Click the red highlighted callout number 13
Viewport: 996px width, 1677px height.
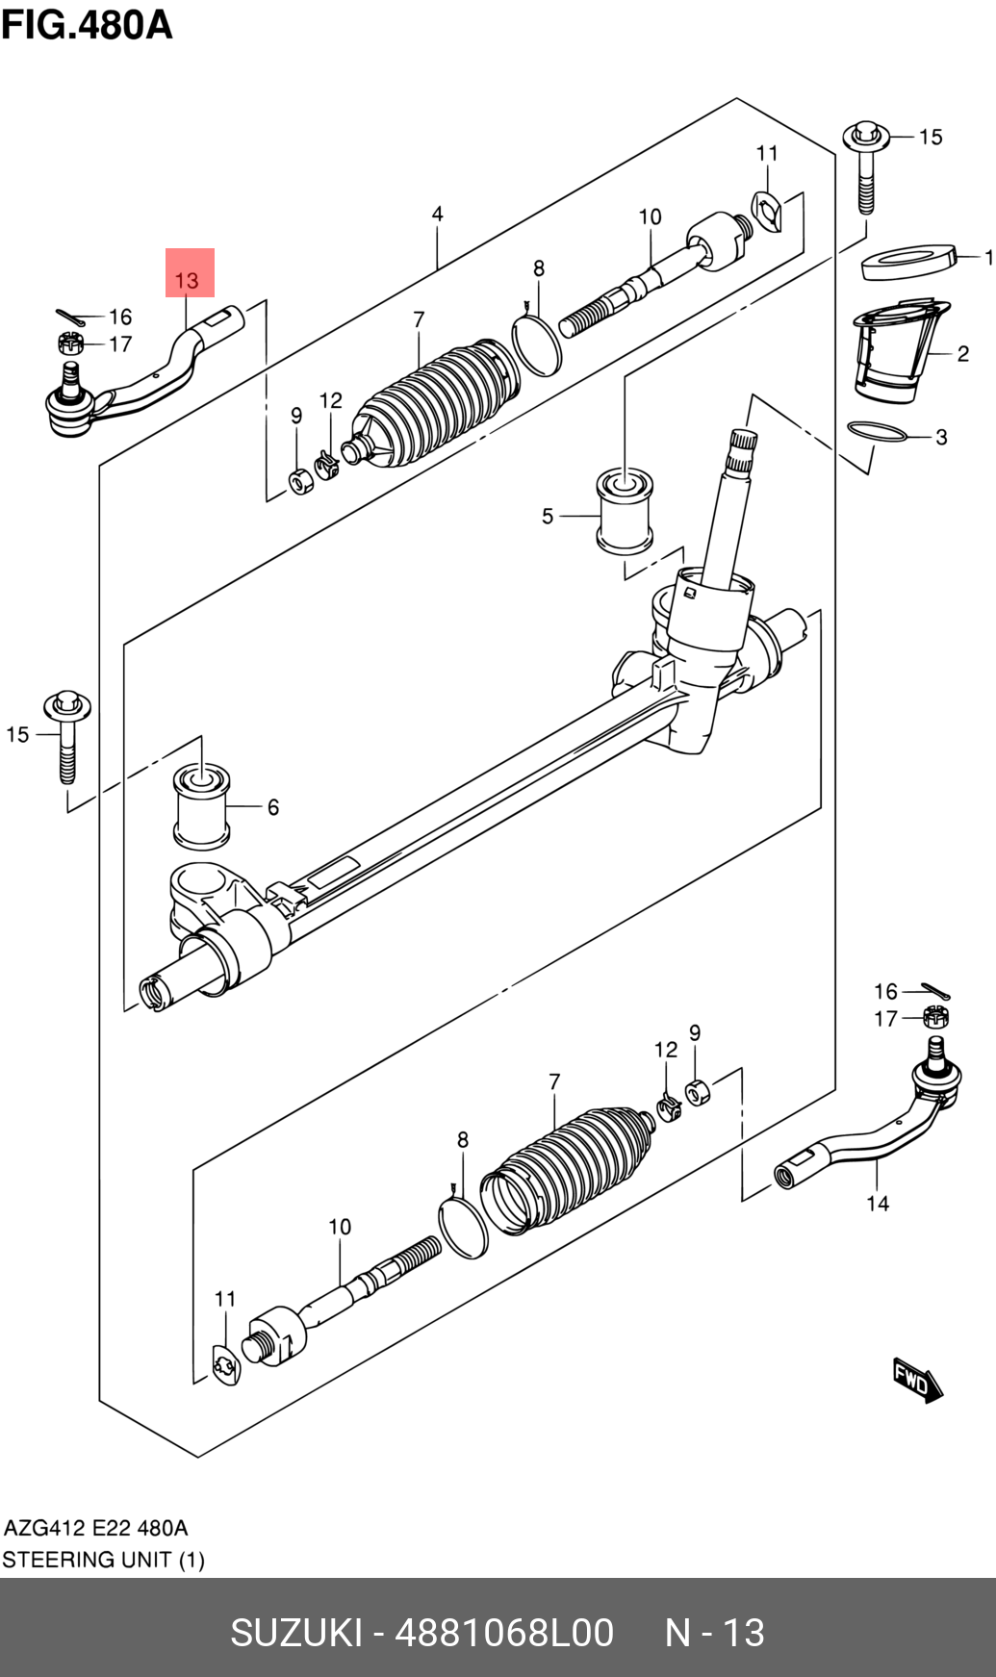pos(187,280)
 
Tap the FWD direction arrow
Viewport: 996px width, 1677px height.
pos(916,1381)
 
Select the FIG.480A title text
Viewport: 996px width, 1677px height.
pos(87,24)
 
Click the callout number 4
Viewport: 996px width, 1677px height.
pos(438,214)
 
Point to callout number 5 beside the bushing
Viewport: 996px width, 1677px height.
pos(548,517)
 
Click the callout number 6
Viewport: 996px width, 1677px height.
pos(273,807)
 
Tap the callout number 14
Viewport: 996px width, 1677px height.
pos(878,1203)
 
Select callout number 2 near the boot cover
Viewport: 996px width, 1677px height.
pos(962,354)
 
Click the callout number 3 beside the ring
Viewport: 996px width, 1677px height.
pos(941,437)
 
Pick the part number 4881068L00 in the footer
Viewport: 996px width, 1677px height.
pos(504,1633)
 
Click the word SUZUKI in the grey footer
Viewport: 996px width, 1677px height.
pos(296,1633)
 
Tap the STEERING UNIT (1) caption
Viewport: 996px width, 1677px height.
pos(103,1560)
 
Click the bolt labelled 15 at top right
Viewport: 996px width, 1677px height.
pos(866,167)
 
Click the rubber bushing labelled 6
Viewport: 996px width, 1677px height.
pos(202,806)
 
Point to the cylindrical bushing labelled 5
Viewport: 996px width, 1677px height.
pos(626,511)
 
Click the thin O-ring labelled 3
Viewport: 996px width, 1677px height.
pos(878,431)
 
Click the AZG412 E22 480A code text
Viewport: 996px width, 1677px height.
pos(95,1528)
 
